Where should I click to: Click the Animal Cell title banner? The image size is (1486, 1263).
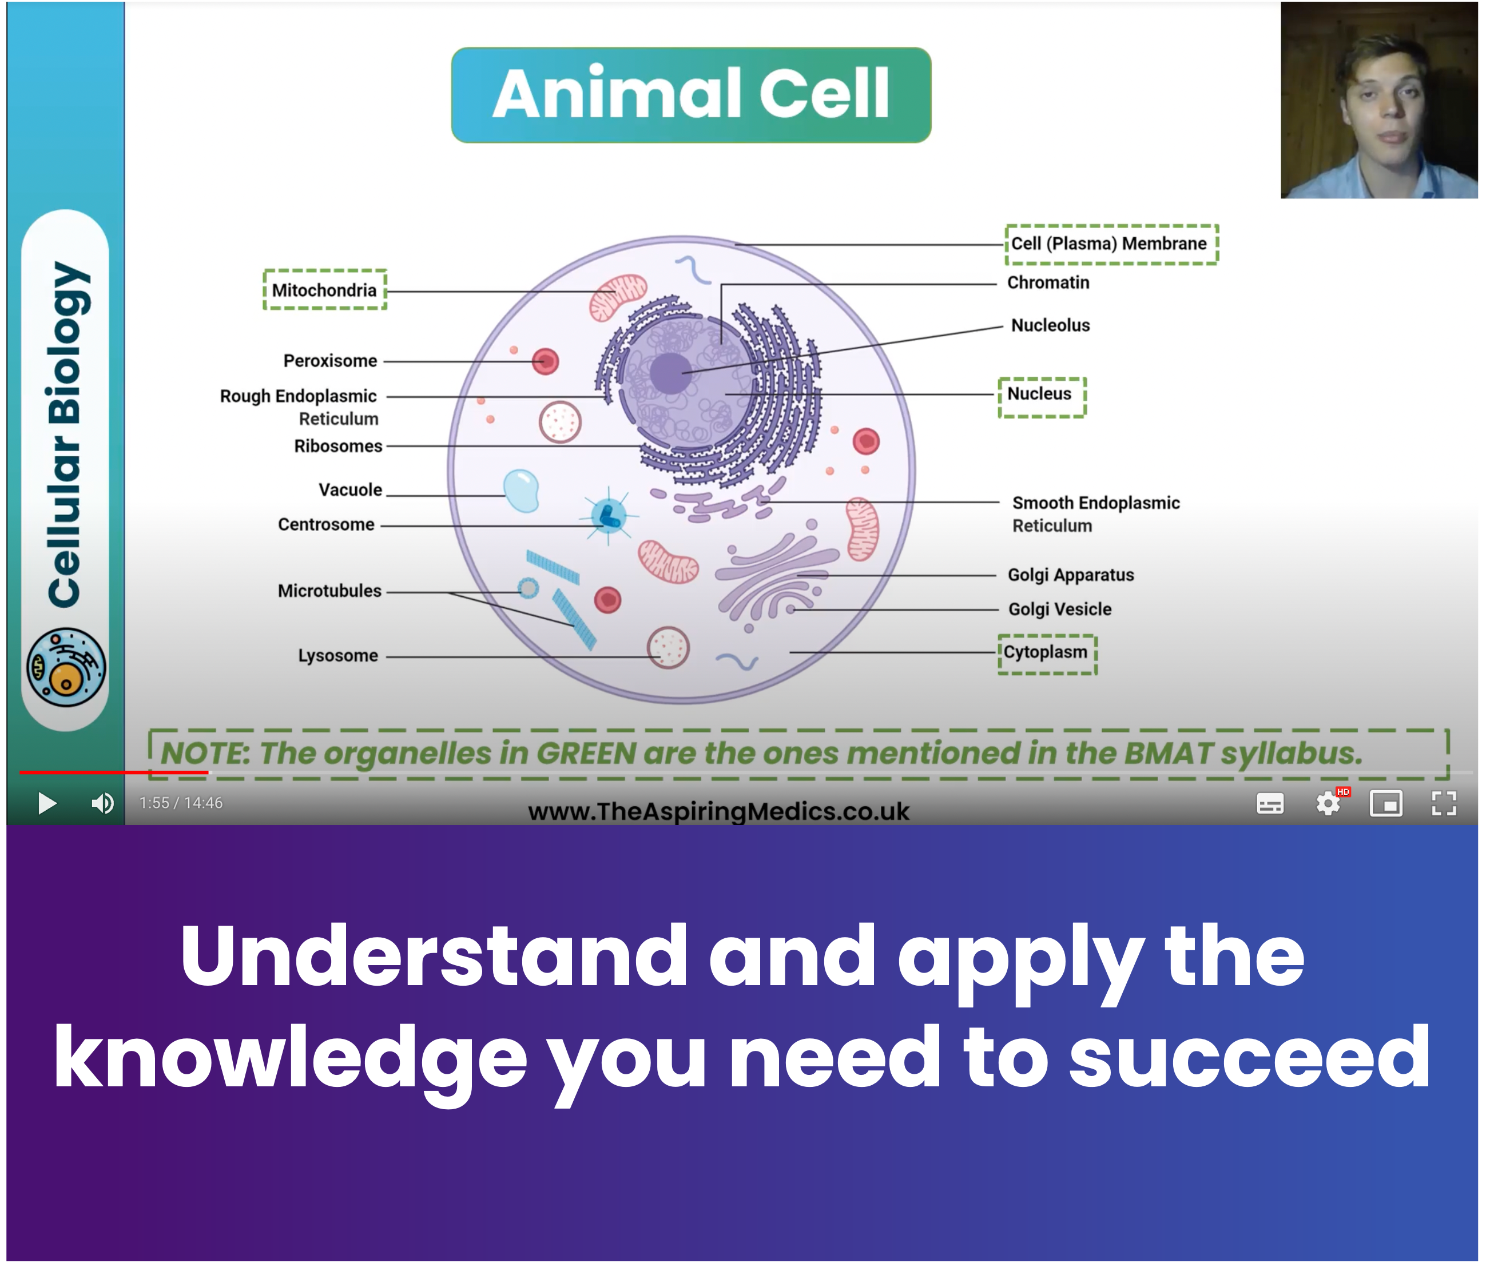tap(690, 94)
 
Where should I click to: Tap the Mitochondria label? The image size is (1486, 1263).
tap(324, 290)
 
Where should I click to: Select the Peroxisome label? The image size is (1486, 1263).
tap(330, 360)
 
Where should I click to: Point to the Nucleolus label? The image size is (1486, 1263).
tap(1050, 325)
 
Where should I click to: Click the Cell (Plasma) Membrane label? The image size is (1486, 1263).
tap(1108, 244)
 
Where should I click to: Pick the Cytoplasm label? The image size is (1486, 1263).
tap(1045, 652)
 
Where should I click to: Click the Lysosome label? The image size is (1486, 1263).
tap(337, 655)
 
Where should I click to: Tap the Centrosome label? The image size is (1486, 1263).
tap(326, 524)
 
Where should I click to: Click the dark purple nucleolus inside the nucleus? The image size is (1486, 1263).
tap(670, 373)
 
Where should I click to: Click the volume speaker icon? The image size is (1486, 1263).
tap(102, 803)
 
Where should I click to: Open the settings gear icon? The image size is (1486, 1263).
tap(1328, 803)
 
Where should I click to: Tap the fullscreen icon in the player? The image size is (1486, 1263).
tap(1444, 803)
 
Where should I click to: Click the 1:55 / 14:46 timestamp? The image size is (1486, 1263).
tap(181, 803)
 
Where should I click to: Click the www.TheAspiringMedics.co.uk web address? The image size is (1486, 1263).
tap(718, 811)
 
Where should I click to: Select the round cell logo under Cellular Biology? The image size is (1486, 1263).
tap(66, 667)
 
